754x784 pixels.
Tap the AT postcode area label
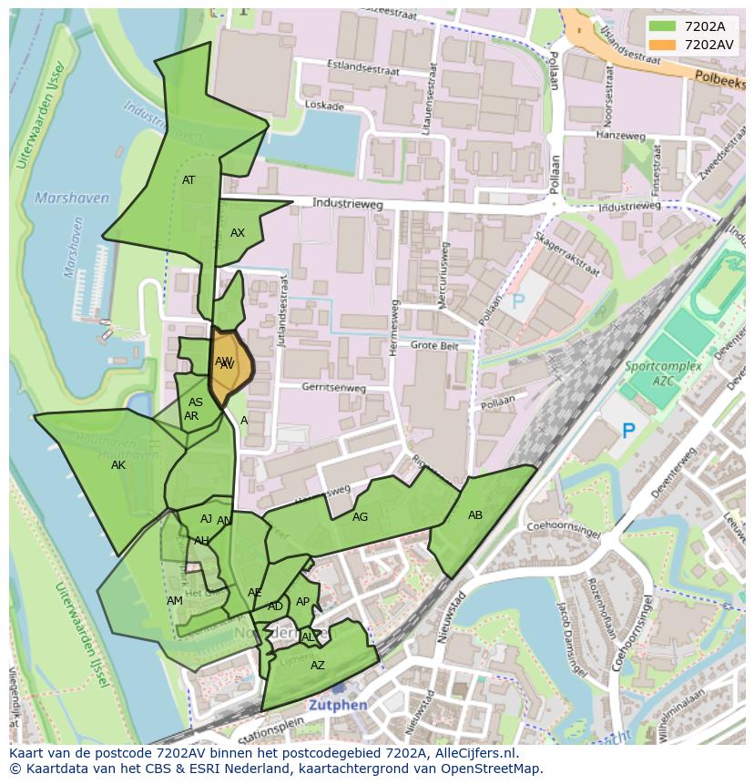(188, 180)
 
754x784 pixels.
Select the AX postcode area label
(238, 233)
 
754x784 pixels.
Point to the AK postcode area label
(118, 465)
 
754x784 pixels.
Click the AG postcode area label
(361, 517)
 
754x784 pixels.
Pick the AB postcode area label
(475, 515)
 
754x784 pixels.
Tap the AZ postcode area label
(318, 666)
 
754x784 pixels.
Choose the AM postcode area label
(175, 601)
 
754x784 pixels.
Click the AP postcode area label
(303, 602)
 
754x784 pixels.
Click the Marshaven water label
(72, 198)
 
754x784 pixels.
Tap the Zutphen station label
(337, 705)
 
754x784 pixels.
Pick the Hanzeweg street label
(620, 136)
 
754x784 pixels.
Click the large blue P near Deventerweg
(628, 431)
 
